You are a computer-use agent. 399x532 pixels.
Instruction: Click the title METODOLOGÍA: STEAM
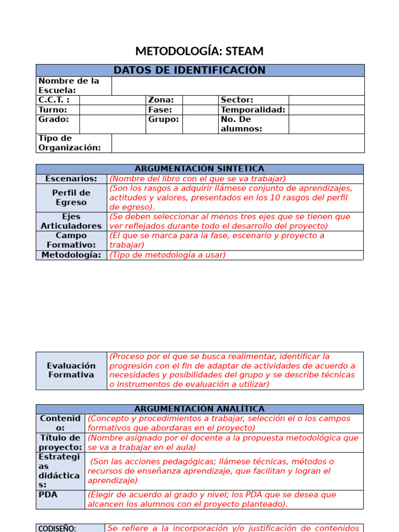point(199,51)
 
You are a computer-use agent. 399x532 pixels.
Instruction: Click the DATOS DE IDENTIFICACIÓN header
point(200,70)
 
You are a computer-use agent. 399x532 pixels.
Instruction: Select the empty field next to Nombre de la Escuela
point(238,86)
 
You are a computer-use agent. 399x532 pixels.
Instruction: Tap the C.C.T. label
point(54,100)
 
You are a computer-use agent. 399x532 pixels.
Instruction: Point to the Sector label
point(237,100)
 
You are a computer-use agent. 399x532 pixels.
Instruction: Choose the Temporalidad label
point(253,110)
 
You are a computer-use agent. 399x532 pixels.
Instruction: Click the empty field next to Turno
point(112,110)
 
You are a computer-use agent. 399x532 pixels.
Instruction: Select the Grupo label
point(163,119)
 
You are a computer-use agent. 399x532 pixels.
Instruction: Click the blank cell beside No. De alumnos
point(326,124)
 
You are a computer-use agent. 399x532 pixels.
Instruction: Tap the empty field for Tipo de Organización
point(238,143)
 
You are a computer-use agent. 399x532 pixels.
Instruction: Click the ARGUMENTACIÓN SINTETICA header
point(199,169)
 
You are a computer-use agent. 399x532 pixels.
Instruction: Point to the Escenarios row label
point(71,179)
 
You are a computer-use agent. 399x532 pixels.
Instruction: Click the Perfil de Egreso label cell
point(71,197)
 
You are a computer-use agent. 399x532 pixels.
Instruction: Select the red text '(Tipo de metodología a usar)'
point(167,255)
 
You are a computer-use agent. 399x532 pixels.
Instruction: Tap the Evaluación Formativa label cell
point(71,370)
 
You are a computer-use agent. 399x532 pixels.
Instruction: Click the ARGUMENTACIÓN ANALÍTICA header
point(199,409)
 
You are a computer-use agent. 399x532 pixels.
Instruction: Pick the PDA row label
point(48,495)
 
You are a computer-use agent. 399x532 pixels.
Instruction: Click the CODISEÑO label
point(58,528)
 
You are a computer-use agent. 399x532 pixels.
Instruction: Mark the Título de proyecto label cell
point(60,443)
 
